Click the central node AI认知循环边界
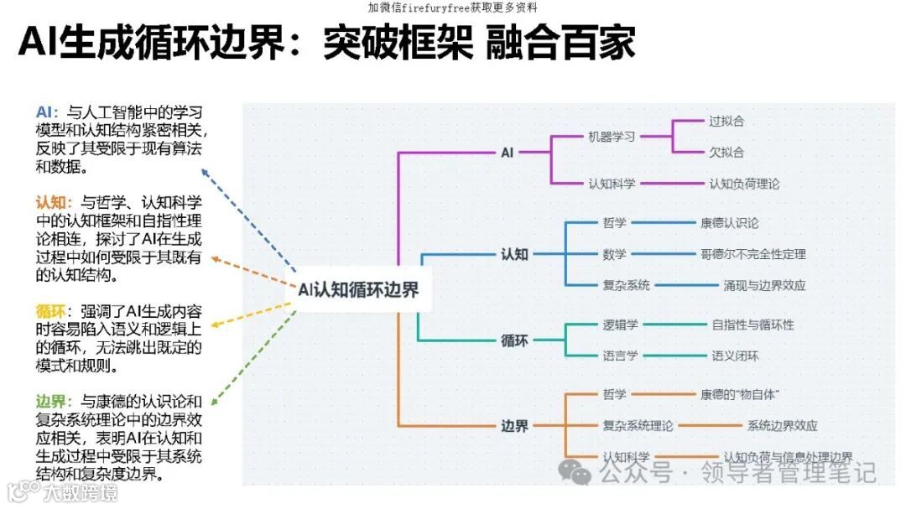359,289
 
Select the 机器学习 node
612,137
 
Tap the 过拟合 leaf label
726,121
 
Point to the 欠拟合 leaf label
726,153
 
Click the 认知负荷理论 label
744,184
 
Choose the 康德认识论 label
729,223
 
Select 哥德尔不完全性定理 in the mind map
752,254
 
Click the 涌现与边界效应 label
764,285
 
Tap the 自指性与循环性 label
752,325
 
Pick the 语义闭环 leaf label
735,356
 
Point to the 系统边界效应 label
782,426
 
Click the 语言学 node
620,356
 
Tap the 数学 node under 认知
614,254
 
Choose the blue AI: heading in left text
47,112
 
